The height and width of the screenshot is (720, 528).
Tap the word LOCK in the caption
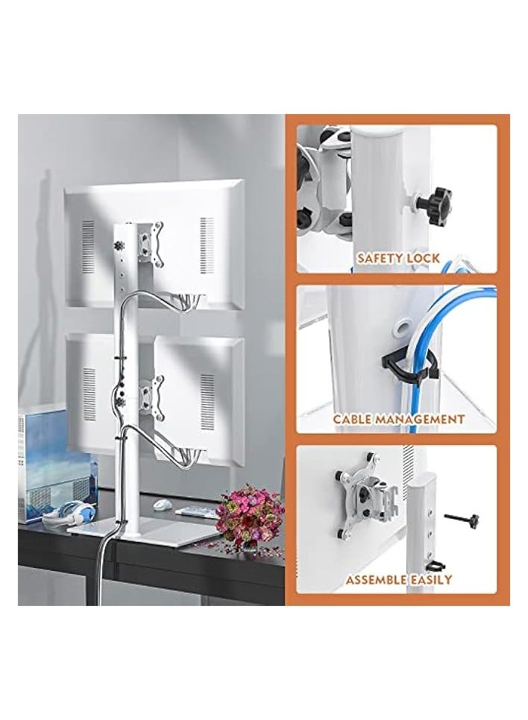tap(424, 259)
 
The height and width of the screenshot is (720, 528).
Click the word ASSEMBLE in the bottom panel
tap(377, 579)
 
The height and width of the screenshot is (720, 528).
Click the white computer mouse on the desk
tap(160, 504)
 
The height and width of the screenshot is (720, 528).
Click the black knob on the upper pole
tap(117, 245)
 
